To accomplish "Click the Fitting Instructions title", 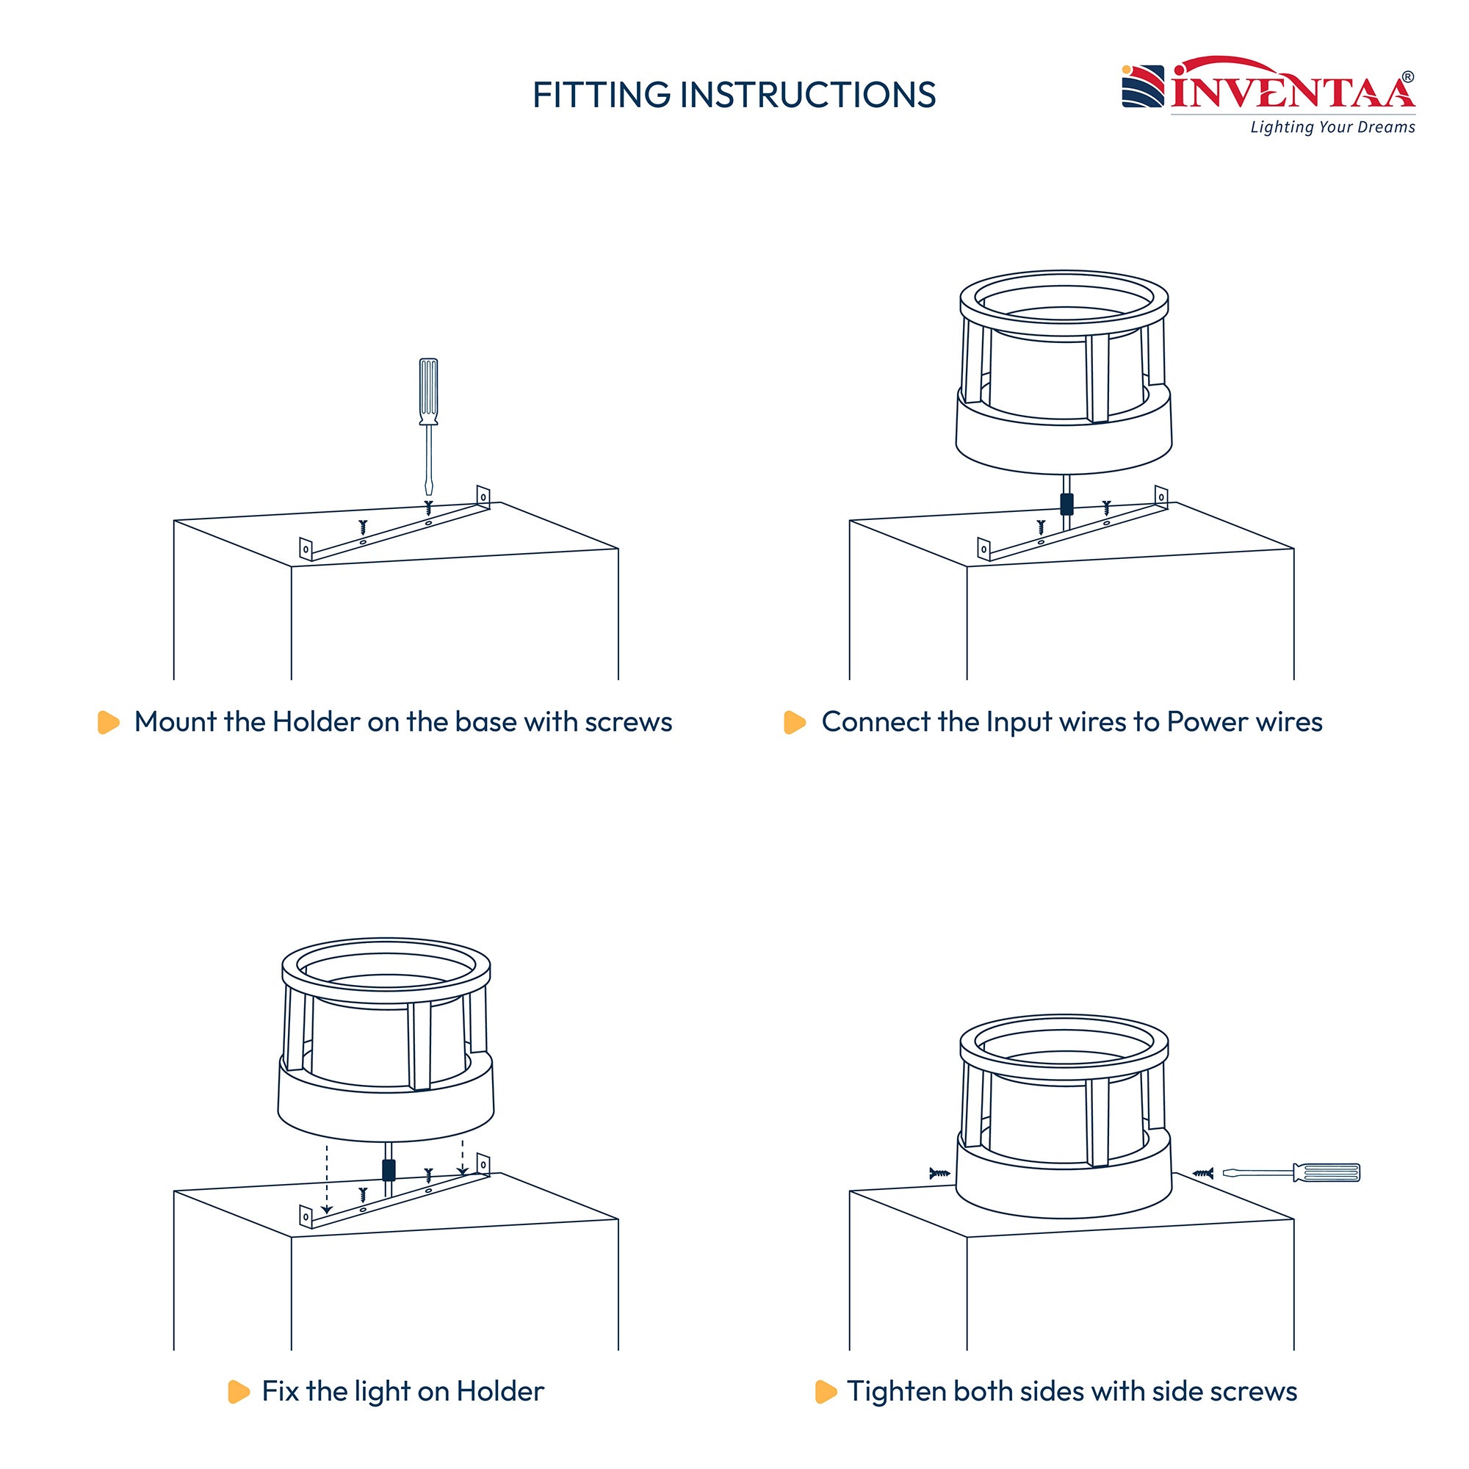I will [x=734, y=95].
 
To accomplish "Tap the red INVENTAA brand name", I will [x=1293, y=90].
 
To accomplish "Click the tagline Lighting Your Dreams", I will [x=1332, y=127].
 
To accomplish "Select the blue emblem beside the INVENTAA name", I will [x=1143, y=86].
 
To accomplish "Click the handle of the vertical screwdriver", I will [x=428, y=391].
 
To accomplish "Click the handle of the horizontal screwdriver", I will [x=1327, y=1172].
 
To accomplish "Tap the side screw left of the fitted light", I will [x=940, y=1173].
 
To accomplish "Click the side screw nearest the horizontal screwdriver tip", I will [x=1203, y=1173].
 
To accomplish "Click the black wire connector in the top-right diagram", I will [x=1066, y=503].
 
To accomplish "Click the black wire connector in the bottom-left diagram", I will [x=389, y=1169].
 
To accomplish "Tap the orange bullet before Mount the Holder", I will [x=109, y=722].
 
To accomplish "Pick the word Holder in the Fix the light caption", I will [x=499, y=1391].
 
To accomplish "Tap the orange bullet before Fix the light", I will [x=239, y=1391].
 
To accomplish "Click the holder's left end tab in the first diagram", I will [x=306, y=548].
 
